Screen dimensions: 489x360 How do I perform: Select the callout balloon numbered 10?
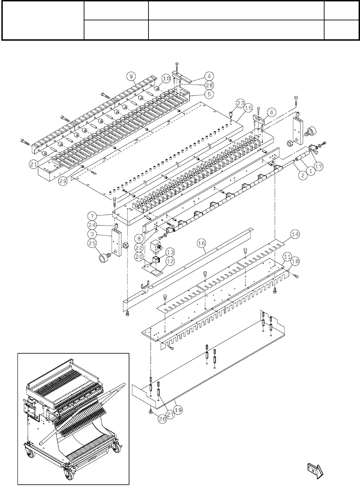pos(166,79)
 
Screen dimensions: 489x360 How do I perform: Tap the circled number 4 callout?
pos(209,76)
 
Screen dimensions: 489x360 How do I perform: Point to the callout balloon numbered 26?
pos(209,85)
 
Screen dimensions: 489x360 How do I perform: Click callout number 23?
pos(240,102)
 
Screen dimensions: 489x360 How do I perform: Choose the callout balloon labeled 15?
pos(247,108)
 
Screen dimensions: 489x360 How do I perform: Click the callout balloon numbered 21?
pos(33,165)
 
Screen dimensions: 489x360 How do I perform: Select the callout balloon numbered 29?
pos(62,182)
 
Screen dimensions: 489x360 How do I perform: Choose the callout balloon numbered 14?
pos(294,234)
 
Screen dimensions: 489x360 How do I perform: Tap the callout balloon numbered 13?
pos(170,251)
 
